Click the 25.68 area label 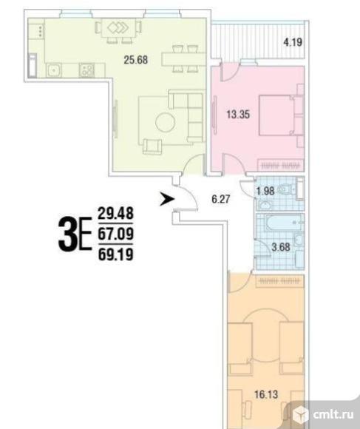point(136,60)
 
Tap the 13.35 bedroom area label point(238,115)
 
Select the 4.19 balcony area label point(293,42)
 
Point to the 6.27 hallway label point(221,199)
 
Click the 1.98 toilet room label point(265,191)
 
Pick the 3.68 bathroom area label point(281,247)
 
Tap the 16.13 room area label point(266,394)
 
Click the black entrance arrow point(167,199)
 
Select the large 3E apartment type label point(75,234)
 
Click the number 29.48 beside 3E point(115,212)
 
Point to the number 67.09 point(115,234)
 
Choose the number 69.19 point(115,254)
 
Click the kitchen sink point(54,70)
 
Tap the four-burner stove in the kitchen point(86,70)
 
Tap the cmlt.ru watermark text point(333,414)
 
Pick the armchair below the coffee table point(152,146)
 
